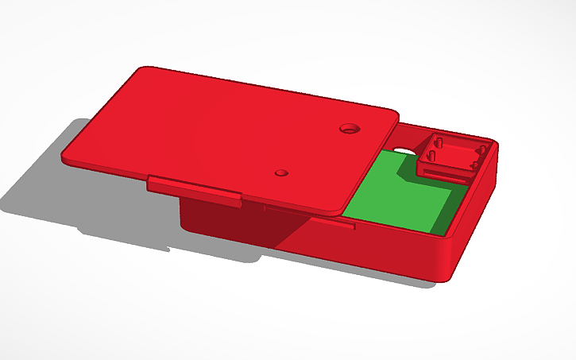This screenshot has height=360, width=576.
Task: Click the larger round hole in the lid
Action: pos(349,127)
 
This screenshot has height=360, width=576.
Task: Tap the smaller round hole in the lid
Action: pos(280,172)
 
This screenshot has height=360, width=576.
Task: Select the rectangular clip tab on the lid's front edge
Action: pos(194,190)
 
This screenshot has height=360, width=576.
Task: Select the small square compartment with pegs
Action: pos(450,156)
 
